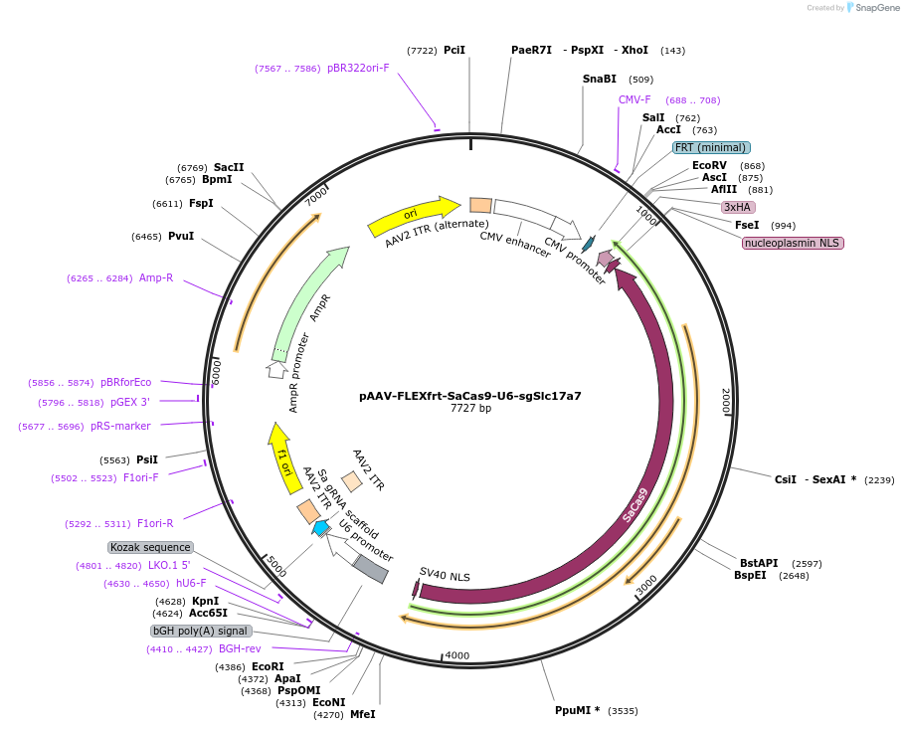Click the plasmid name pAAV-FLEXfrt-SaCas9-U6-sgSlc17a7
(469, 395)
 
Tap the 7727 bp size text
(470, 409)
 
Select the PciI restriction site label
(453, 50)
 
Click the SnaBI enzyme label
(599, 79)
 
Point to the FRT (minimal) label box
(710, 147)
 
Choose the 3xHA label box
(738, 207)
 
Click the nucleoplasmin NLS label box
(793, 243)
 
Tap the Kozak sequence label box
(150, 547)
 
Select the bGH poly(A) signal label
(200, 631)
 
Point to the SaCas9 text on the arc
(635, 504)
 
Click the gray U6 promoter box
(370, 569)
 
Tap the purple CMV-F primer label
(634, 99)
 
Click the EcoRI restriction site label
(268, 666)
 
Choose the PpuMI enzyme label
(577, 710)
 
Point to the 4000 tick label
(456, 655)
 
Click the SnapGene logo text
(876, 7)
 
